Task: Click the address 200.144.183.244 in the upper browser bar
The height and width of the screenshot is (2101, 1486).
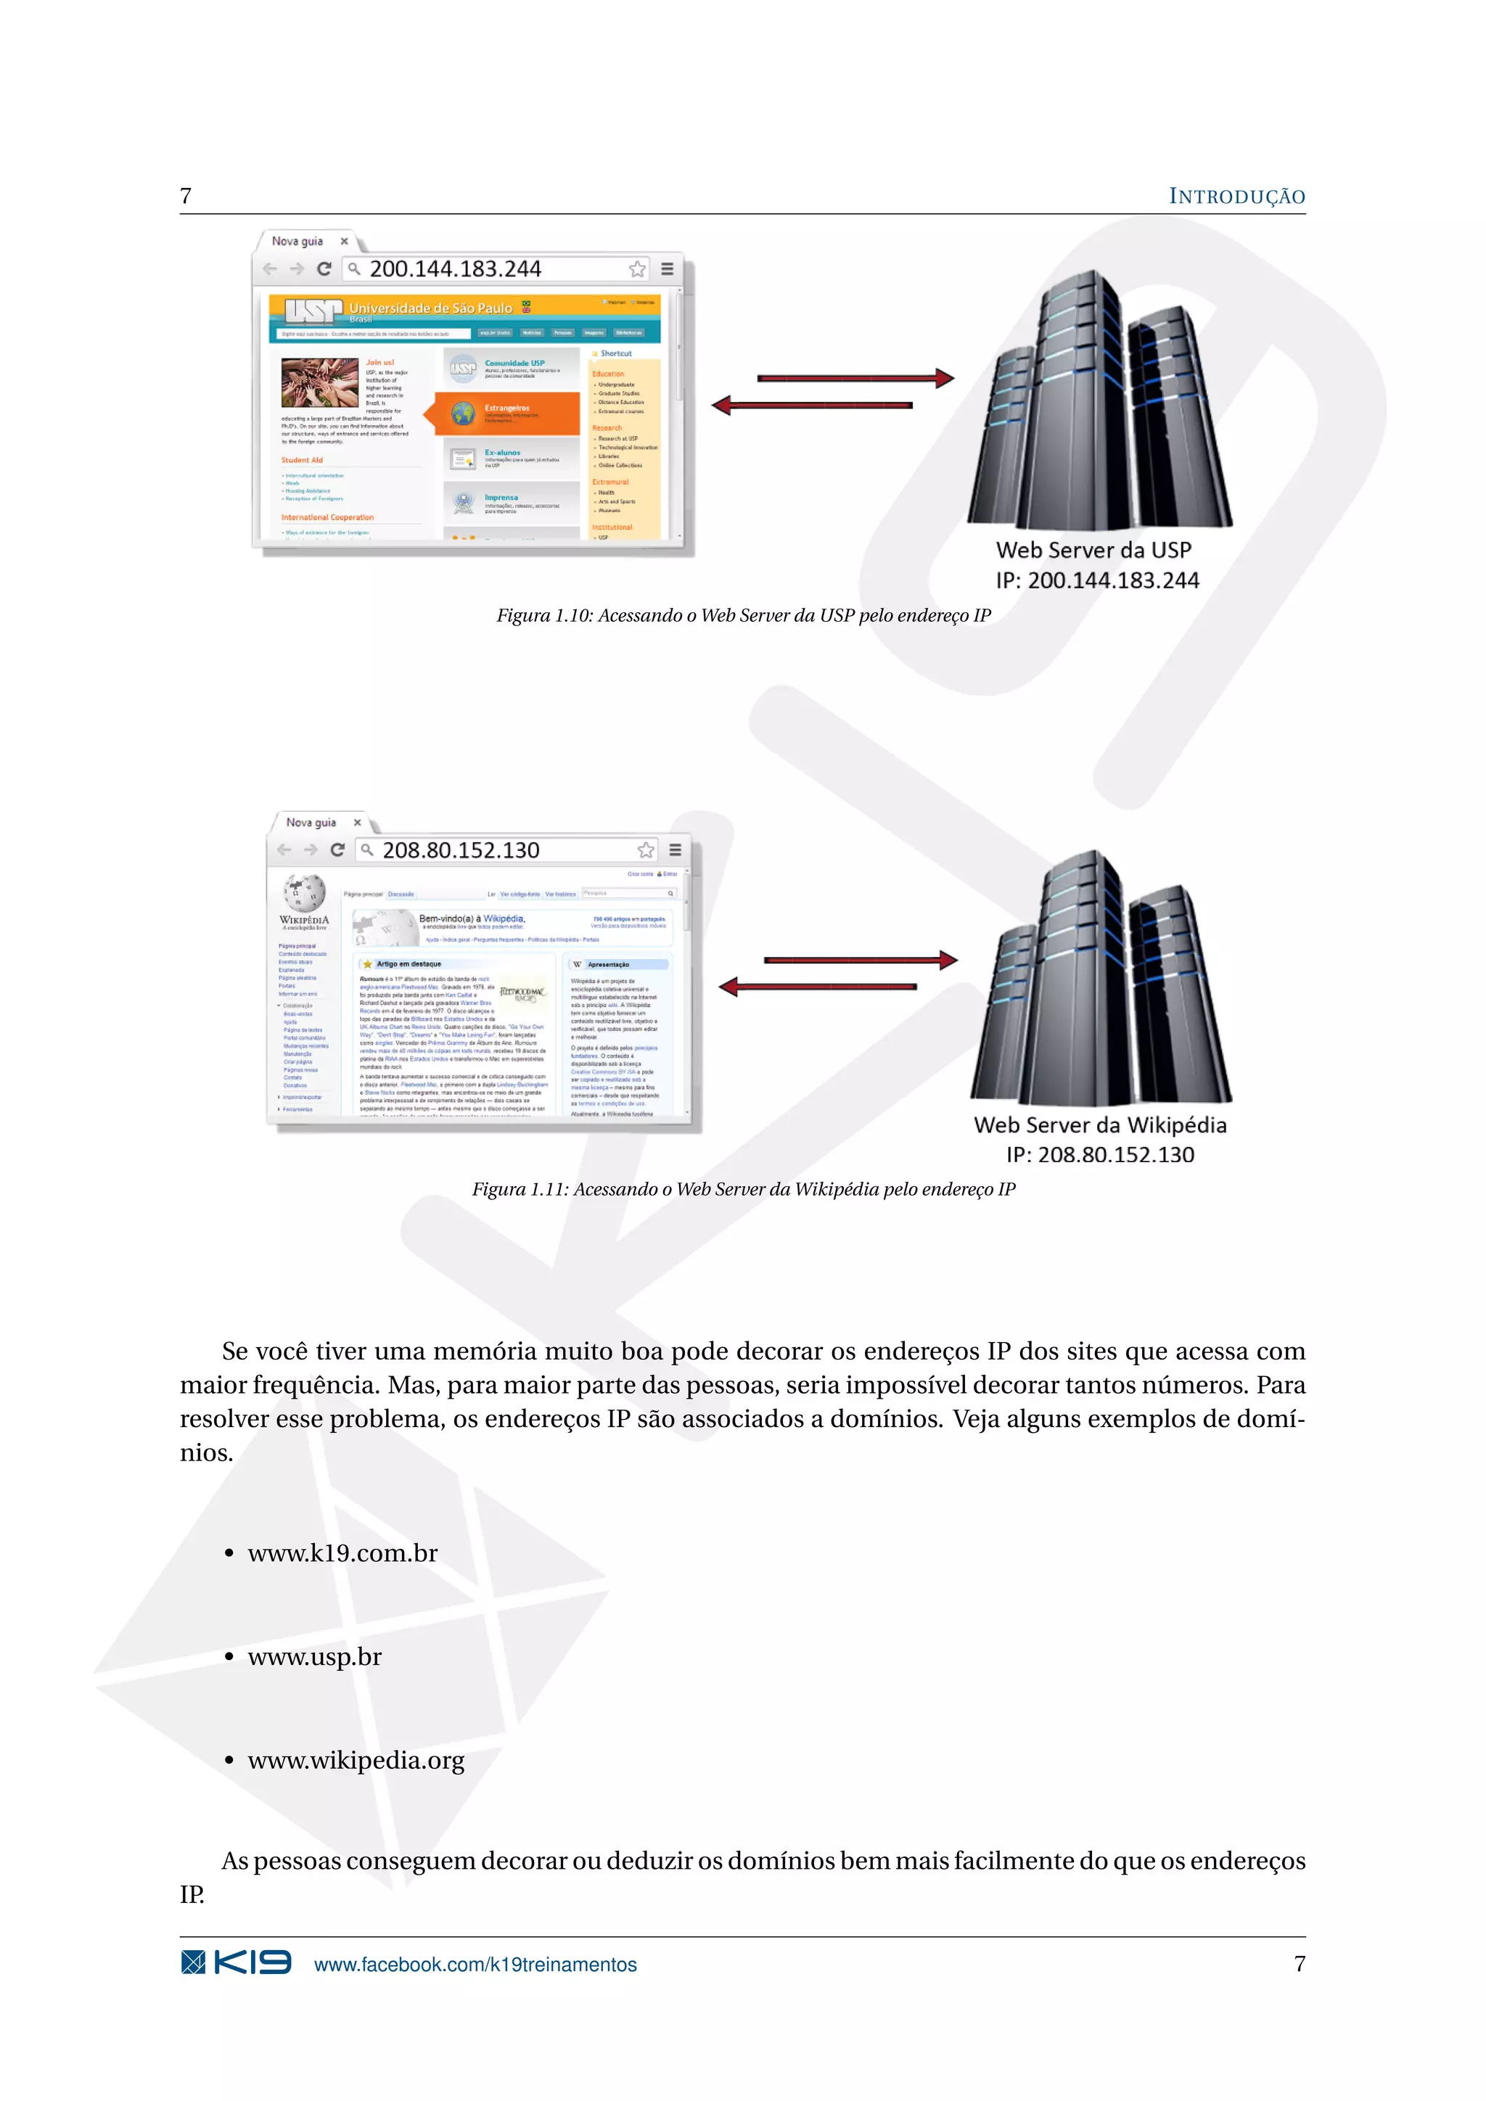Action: pyautogui.click(x=455, y=269)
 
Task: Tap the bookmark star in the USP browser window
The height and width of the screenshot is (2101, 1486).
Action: pyautogui.click(x=637, y=269)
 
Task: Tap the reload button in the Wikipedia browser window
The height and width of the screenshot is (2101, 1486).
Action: pyautogui.click(x=337, y=850)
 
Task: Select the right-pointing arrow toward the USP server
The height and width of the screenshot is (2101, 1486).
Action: pyautogui.click(x=855, y=378)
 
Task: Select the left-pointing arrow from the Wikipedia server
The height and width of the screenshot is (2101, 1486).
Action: pyautogui.click(x=817, y=987)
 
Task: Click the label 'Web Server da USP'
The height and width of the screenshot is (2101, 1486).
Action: pyautogui.click(x=1093, y=550)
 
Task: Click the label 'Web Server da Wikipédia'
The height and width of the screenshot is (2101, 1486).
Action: pyautogui.click(x=1100, y=1124)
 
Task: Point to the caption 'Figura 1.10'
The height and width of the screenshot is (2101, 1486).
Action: pyautogui.click(x=743, y=616)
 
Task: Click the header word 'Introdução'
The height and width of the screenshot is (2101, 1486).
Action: pyautogui.click(x=1236, y=197)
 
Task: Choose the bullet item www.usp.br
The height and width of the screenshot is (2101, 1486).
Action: pyautogui.click(x=314, y=1657)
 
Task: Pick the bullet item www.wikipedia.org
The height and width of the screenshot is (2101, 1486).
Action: pyautogui.click(x=356, y=1761)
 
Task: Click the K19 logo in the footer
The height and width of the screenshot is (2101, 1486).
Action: pyautogui.click(x=236, y=1963)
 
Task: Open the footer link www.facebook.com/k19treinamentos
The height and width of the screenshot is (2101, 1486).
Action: pyautogui.click(x=475, y=1965)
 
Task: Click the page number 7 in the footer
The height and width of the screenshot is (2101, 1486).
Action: pyautogui.click(x=1300, y=1964)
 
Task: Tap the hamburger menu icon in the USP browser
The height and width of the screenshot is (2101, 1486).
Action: pyautogui.click(x=667, y=269)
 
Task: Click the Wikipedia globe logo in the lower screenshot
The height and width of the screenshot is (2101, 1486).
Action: pyautogui.click(x=304, y=892)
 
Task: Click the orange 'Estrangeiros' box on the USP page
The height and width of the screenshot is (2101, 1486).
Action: pyautogui.click(x=507, y=413)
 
